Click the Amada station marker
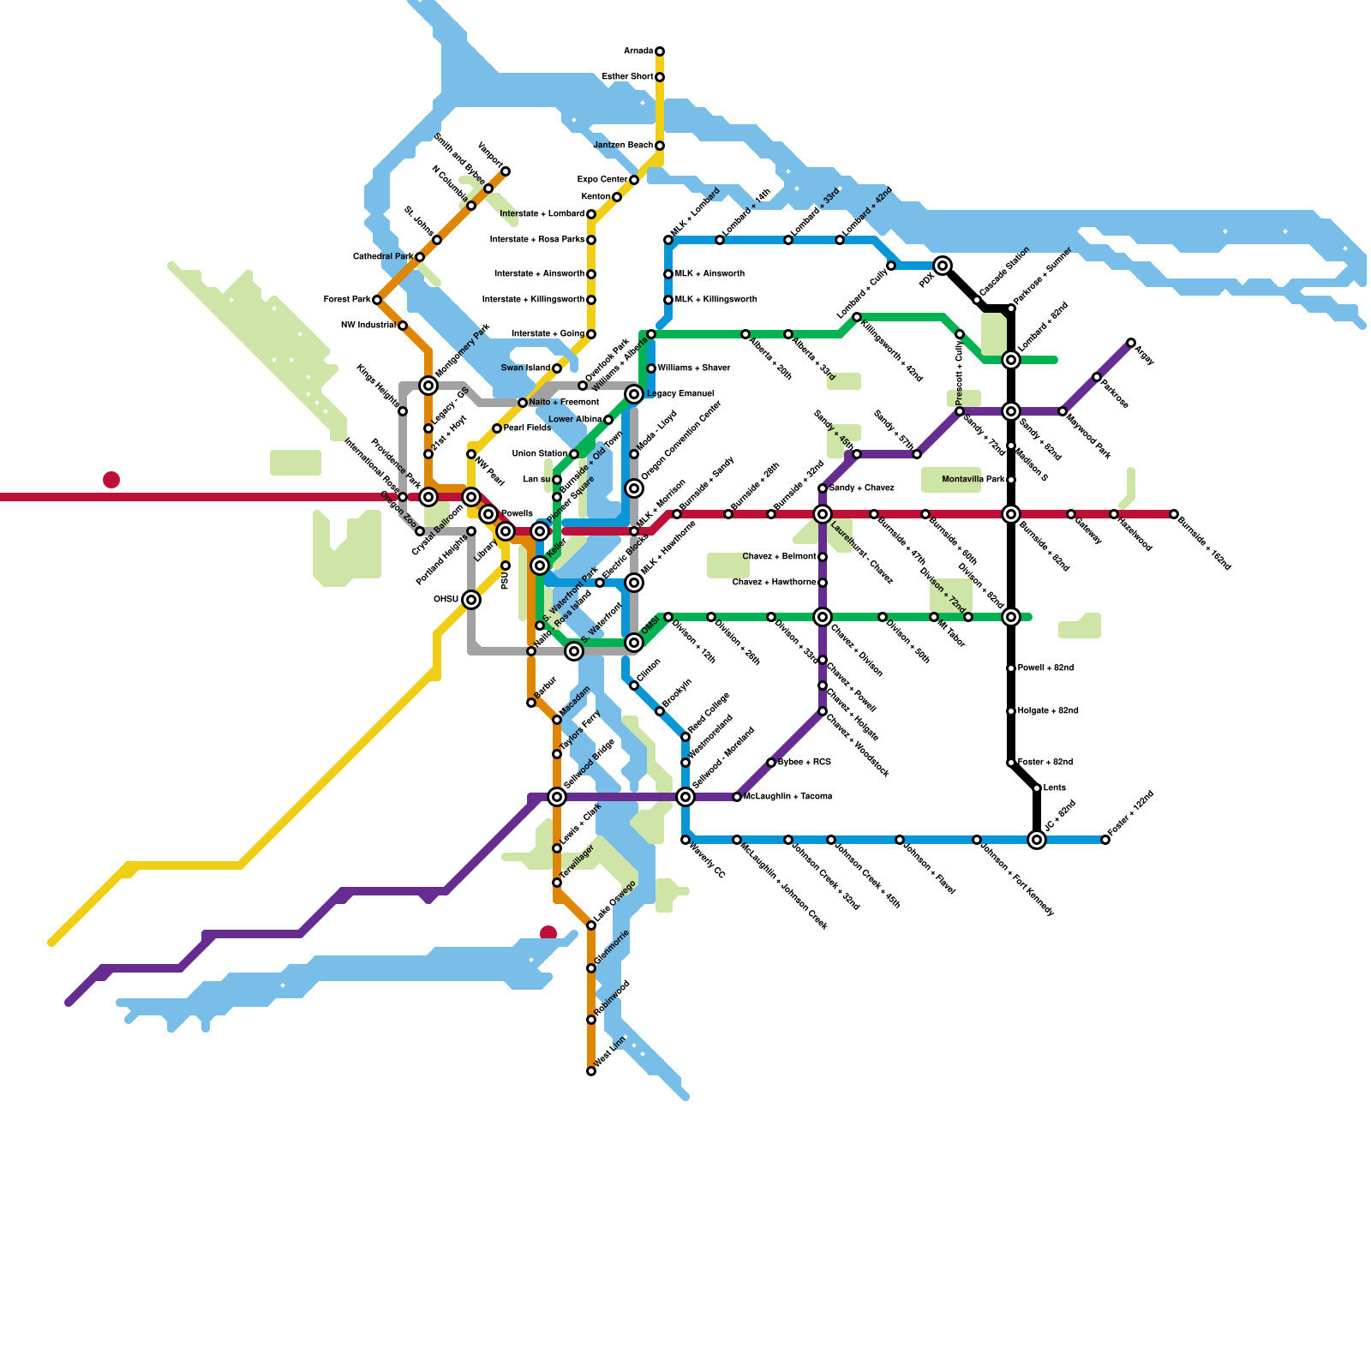[x=660, y=51]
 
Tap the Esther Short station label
[x=627, y=77]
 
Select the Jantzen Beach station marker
[x=660, y=146]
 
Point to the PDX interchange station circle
[x=943, y=266]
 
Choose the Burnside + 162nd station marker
[x=1174, y=514]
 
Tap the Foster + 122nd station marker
[x=1105, y=840]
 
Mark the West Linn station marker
[x=591, y=1071]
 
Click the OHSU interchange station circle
[x=471, y=600]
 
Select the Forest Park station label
[x=346, y=300]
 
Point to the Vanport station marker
[x=506, y=171]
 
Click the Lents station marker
[x=1037, y=788]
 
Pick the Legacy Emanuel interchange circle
[x=634, y=394]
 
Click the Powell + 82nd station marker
[x=1011, y=668]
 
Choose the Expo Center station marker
[x=634, y=180]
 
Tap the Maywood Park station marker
[x=1063, y=411]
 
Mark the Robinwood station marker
[x=591, y=1020]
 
